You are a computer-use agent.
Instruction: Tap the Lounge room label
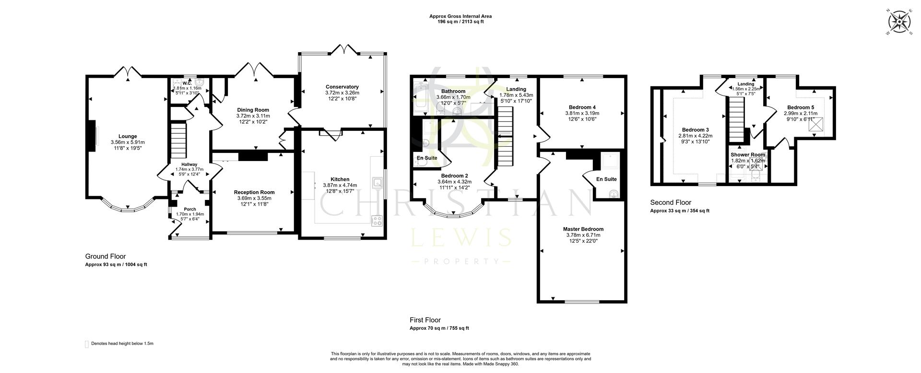(x=128, y=137)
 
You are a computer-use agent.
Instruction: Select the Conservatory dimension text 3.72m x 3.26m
(x=342, y=93)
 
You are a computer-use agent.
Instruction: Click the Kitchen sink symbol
(x=378, y=182)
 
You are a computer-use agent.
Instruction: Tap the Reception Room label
(x=254, y=192)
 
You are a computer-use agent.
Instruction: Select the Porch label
(x=189, y=209)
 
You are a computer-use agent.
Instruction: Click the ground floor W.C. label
(x=187, y=82)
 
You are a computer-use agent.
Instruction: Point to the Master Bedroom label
(x=583, y=229)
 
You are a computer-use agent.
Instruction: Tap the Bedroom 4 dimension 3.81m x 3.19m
(x=582, y=114)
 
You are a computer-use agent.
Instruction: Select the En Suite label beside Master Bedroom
(x=606, y=179)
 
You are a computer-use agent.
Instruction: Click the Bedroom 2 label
(x=454, y=175)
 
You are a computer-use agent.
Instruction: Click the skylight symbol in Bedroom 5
(x=815, y=125)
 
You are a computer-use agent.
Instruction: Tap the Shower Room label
(x=747, y=155)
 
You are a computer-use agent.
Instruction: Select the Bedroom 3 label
(x=695, y=130)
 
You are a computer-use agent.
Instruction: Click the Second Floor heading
(x=671, y=203)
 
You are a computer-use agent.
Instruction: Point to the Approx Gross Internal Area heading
(x=460, y=16)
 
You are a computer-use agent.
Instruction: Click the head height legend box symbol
(x=87, y=344)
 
